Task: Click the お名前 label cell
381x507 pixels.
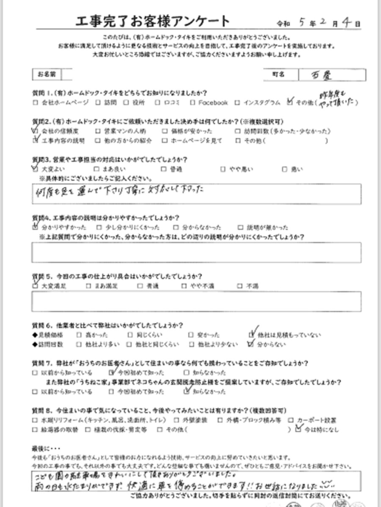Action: coord(47,74)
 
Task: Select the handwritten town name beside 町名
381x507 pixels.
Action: coord(327,75)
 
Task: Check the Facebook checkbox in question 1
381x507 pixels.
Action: coord(193,103)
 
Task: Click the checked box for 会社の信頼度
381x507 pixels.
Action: coord(35,131)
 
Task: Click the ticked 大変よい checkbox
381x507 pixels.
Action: coord(35,169)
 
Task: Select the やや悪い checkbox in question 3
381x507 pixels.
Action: coord(223,169)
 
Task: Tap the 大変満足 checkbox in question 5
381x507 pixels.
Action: coord(35,286)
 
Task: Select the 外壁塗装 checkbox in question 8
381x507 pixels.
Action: coord(179,420)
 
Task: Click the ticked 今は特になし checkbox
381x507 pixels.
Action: coord(298,430)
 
